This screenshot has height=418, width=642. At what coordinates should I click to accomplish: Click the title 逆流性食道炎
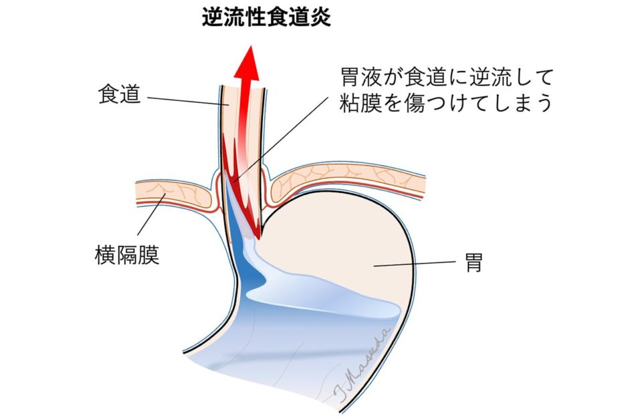click(x=266, y=17)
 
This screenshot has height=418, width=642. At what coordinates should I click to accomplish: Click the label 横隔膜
click(x=126, y=255)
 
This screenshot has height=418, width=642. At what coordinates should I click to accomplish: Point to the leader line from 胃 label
click(x=414, y=264)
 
